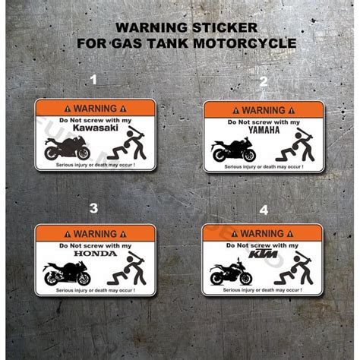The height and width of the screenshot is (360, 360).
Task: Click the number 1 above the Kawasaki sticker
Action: click(94, 78)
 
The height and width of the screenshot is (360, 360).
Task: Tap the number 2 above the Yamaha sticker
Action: click(264, 81)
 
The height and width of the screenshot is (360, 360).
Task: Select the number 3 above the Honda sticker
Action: click(94, 207)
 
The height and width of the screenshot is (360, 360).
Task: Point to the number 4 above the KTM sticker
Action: click(264, 207)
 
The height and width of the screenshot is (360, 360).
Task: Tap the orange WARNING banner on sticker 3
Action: click(95, 233)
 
